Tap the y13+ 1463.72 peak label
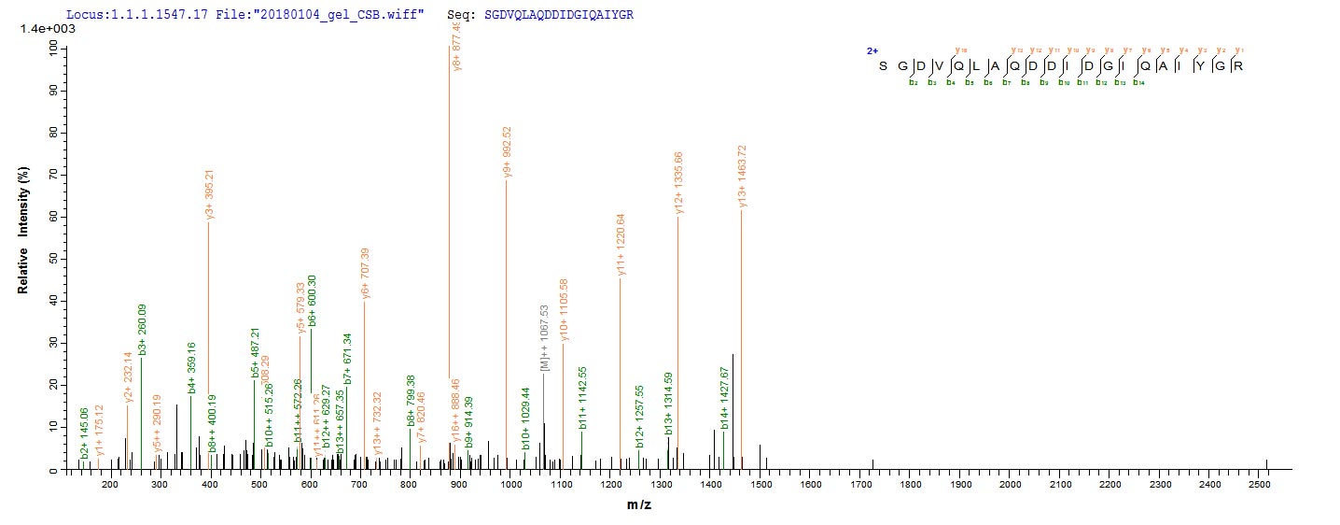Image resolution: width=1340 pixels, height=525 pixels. click(743, 177)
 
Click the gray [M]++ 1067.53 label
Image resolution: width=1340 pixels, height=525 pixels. click(545, 336)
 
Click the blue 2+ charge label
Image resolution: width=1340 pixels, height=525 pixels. click(872, 50)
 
